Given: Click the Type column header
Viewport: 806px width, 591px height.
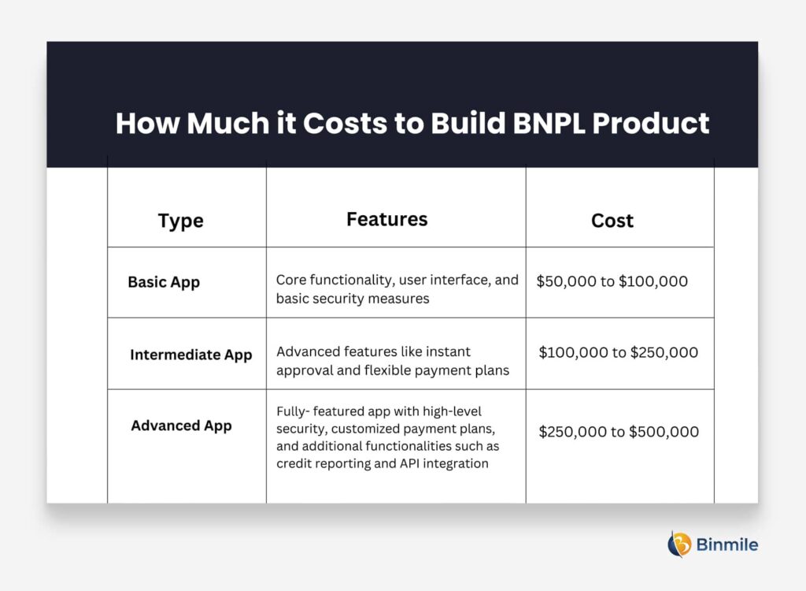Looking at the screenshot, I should [x=180, y=221].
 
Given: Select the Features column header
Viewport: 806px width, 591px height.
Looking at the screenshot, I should [x=386, y=219].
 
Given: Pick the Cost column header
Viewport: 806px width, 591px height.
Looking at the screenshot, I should [x=612, y=221].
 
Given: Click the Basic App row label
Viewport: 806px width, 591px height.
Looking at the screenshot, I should [x=164, y=282].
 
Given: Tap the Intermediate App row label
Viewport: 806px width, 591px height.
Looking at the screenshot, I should [x=191, y=355].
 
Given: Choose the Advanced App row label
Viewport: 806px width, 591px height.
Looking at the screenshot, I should [x=181, y=426].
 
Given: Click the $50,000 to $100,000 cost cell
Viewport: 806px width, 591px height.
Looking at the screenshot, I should [x=612, y=281].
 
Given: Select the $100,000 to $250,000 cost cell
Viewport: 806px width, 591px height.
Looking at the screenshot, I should [x=618, y=352].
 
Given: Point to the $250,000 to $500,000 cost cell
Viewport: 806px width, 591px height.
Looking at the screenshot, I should [x=619, y=432].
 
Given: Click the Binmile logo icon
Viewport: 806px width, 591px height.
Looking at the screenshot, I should [x=679, y=544].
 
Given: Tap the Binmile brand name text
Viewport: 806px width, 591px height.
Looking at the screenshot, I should [x=727, y=544].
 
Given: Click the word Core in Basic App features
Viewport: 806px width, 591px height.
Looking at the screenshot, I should [x=290, y=280].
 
